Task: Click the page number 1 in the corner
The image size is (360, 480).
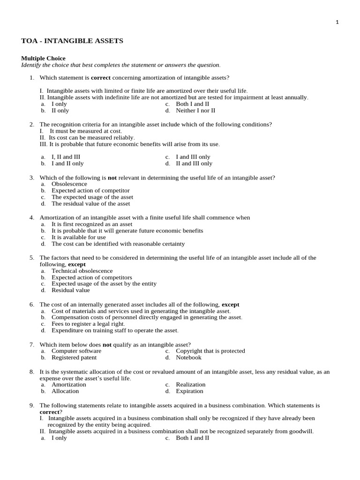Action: (x=337, y=22)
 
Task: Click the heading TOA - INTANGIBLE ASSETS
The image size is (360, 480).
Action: (x=72, y=41)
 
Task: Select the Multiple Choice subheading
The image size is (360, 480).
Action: (x=43, y=58)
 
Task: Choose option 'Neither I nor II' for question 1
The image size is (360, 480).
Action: (x=195, y=111)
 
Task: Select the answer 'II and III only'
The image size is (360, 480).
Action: (x=194, y=164)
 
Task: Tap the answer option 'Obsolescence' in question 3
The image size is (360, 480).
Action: (x=69, y=184)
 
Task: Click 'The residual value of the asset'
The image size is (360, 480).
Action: (x=91, y=204)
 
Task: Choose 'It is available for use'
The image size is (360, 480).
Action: (x=79, y=237)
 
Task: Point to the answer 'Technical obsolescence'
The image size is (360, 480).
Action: (x=82, y=271)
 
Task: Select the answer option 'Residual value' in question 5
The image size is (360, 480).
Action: (x=71, y=290)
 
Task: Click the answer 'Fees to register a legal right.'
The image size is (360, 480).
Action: (x=88, y=324)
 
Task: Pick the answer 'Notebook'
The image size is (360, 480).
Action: (x=188, y=357)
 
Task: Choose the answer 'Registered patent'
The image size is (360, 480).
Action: (x=74, y=357)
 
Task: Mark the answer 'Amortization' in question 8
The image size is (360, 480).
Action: (x=69, y=384)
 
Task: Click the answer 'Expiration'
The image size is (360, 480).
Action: (x=190, y=391)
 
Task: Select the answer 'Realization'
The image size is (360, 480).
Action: (x=191, y=384)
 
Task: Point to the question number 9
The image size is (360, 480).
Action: (x=32, y=405)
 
